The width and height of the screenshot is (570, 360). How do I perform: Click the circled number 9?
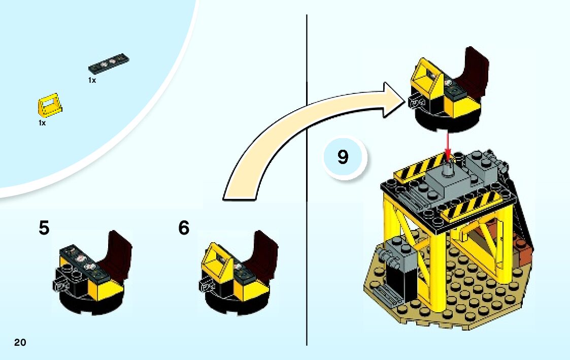click(x=343, y=157)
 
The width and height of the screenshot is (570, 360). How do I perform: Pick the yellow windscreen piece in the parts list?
click(x=49, y=105)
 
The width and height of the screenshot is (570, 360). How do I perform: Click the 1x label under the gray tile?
click(x=92, y=80)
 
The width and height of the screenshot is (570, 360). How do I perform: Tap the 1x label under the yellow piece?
click(x=42, y=123)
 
